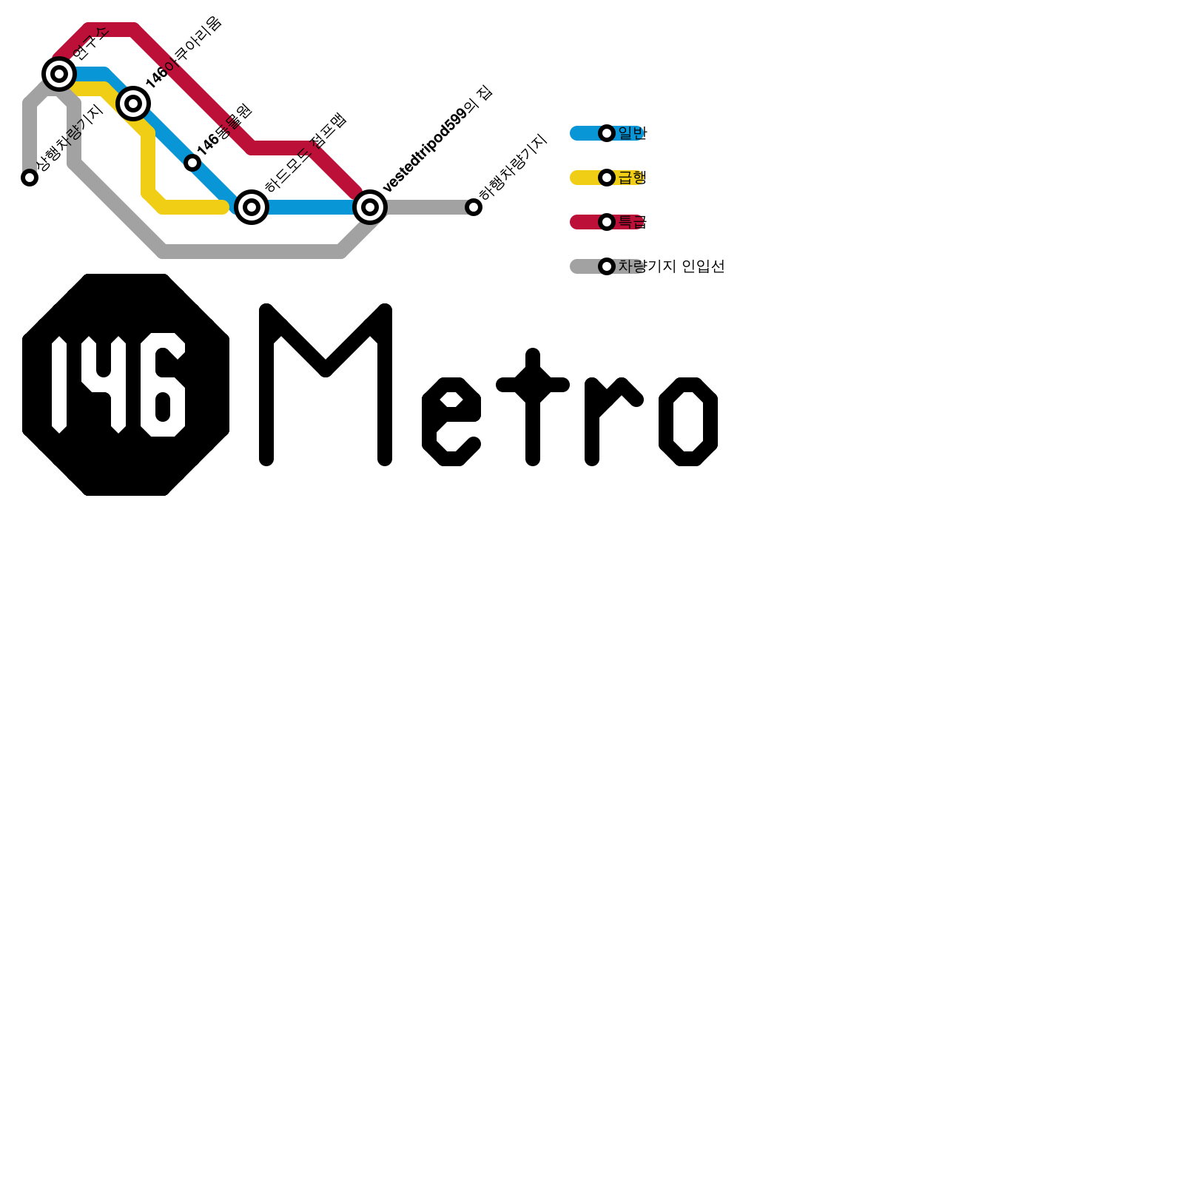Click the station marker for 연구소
tap(59, 74)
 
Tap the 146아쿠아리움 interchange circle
tap(133, 104)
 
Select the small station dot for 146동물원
tap(192, 163)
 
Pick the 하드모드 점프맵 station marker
tap(252, 207)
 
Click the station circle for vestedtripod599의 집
tap(370, 207)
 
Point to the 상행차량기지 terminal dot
tap(30, 178)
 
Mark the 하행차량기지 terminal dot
tap(474, 207)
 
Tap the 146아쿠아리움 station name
tap(184, 53)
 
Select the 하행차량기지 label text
tap(513, 167)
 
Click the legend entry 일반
tap(632, 133)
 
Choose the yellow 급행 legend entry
tap(632, 178)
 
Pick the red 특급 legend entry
tap(632, 222)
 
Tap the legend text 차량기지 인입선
tap(671, 266)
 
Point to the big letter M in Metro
tap(326, 385)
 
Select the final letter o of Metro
tap(688, 422)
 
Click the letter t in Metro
tap(533, 407)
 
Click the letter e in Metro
tap(451, 422)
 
